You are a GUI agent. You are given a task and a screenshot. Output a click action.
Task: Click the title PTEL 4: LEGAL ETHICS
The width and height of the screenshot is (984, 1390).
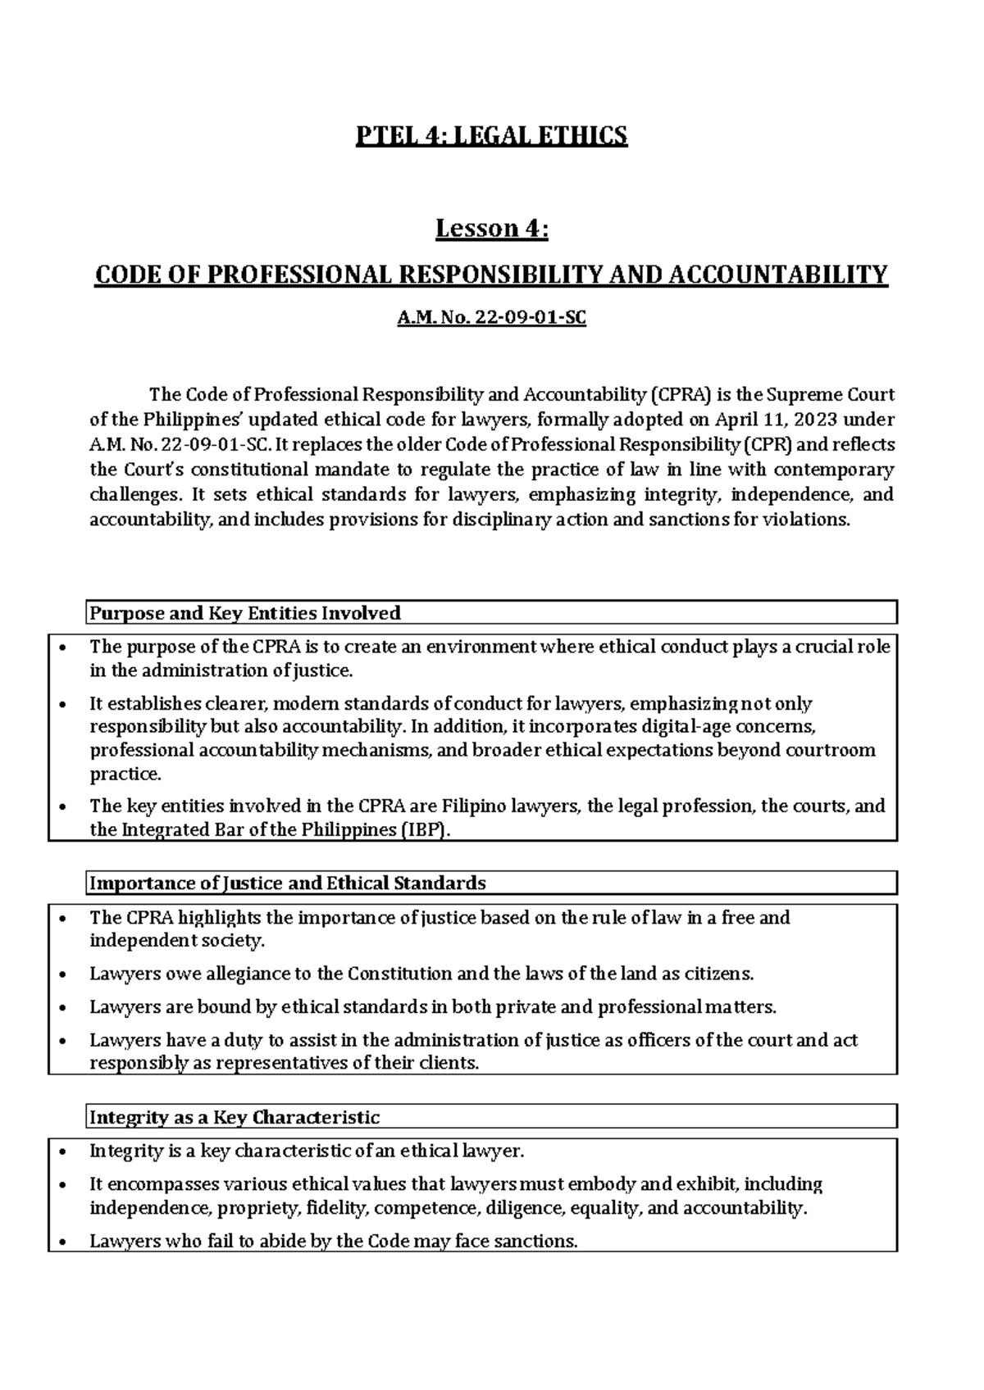pos(491,135)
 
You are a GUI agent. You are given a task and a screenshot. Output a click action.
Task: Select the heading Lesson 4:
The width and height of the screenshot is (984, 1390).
pos(491,229)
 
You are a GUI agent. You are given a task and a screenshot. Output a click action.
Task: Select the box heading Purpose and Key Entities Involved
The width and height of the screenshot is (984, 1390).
pos(244,613)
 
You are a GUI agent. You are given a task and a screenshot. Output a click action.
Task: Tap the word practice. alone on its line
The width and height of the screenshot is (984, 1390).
pos(125,774)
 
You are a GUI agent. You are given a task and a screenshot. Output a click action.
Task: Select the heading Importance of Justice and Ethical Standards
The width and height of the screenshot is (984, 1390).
pos(287,884)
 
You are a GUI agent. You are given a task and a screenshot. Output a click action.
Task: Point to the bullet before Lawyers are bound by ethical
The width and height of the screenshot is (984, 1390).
pos(63,1008)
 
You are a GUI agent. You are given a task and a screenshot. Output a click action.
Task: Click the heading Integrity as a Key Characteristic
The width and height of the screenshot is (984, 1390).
pos(234,1117)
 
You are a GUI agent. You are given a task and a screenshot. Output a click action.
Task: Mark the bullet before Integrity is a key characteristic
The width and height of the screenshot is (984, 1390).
pos(63,1152)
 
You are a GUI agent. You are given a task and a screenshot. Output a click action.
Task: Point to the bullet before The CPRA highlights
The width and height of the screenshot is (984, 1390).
pos(63,919)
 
